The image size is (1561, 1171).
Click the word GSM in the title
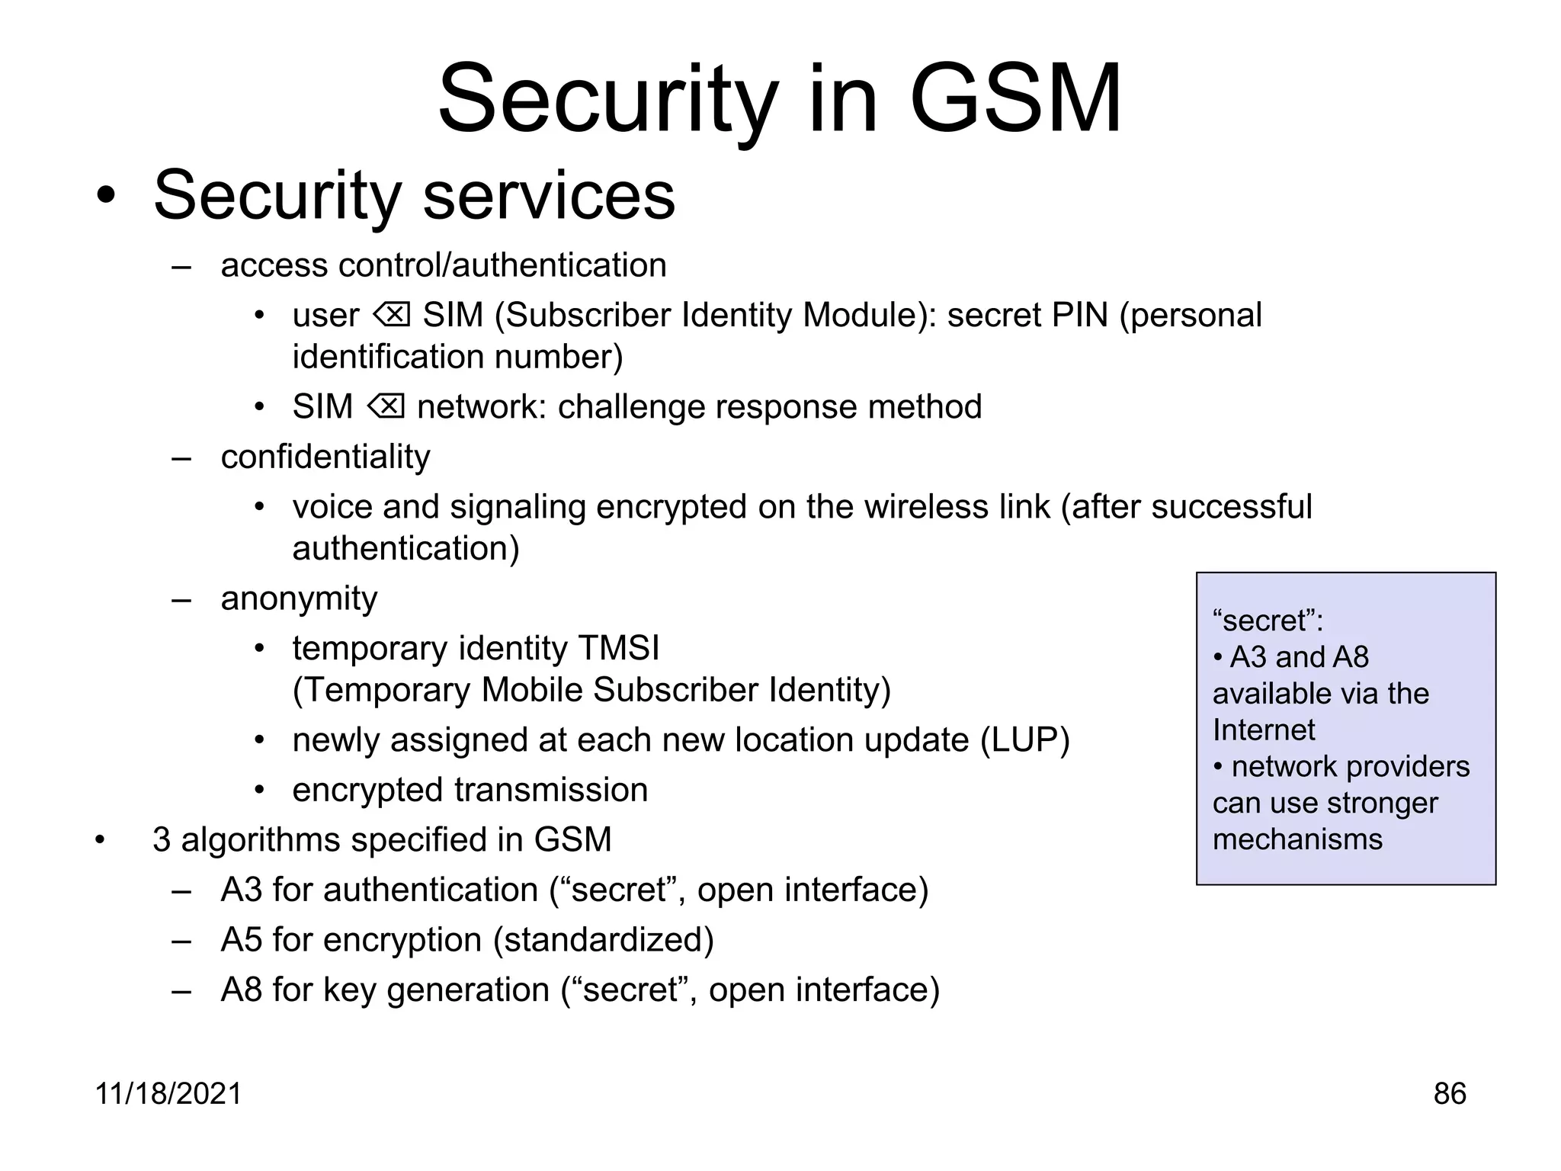click(x=1015, y=99)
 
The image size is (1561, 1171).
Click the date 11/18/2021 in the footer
click(x=168, y=1093)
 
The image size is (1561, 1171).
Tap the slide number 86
click(x=1449, y=1093)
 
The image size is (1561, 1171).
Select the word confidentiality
click(x=325, y=457)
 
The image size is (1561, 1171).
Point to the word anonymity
click(x=299, y=598)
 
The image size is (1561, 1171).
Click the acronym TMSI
click(x=619, y=648)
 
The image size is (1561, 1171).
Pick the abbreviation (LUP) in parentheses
click(x=1025, y=739)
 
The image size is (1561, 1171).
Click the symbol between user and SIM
click(x=392, y=314)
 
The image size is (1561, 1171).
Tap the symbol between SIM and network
click(x=386, y=406)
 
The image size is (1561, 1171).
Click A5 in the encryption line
click(x=241, y=939)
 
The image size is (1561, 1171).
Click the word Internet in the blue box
click(x=1263, y=730)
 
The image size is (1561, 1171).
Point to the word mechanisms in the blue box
click(x=1297, y=839)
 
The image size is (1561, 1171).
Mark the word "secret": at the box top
click(x=1268, y=621)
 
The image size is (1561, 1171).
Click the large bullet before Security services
click(x=106, y=197)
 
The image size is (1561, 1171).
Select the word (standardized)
click(x=604, y=939)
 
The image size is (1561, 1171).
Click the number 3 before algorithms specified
click(x=161, y=839)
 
